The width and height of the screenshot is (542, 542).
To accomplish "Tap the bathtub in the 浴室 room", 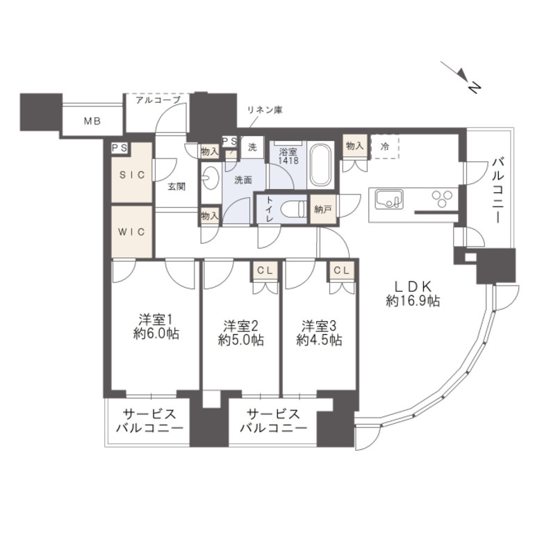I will pyautogui.click(x=320, y=164).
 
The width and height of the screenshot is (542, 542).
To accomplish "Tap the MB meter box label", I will pyautogui.click(x=92, y=121).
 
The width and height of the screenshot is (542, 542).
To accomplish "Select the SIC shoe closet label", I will pyautogui.click(x=131, y=175).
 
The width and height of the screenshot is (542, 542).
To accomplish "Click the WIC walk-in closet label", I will pyautogui.click(x=131, y=231).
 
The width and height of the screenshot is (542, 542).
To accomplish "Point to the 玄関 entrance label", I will pyautogui.click(x=176, y=186).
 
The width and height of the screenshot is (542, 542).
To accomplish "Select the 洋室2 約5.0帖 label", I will pyautogui.click(x=240, y=333).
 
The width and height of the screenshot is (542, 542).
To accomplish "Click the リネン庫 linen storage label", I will pyautogui.click(x=264, y=110).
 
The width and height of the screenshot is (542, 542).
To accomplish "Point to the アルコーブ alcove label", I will pyautogui.click(x=158, y=100).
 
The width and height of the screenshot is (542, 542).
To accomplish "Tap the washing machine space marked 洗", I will pyautogui.click(x=253, y=147).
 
